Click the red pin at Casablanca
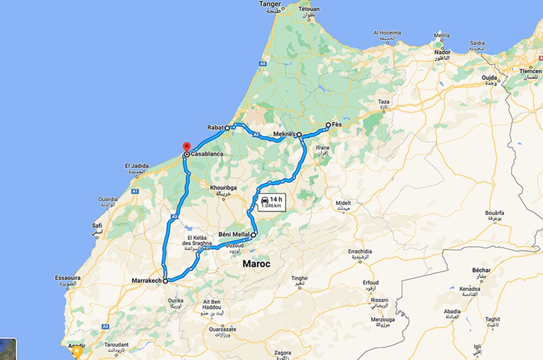point(186,147)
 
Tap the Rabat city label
point(215,128)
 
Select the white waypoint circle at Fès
point(328,125)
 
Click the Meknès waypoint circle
point(299,135)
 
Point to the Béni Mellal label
point(234,234)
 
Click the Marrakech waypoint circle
point(165,282)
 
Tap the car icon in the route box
point(265,199)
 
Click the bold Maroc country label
point(257,264)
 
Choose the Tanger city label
point(270,4)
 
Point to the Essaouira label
point(67,278)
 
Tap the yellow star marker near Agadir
point(78,351)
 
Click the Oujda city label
point(489,77)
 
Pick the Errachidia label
point(360,251)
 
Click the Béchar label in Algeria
point(481,270)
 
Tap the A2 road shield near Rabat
point(256,135)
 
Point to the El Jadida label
point(135,165)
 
